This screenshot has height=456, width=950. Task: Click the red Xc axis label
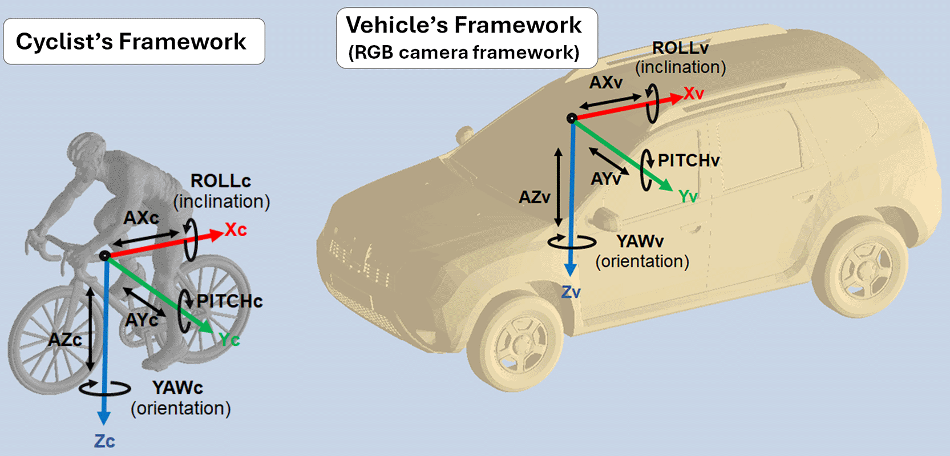pos(236,230)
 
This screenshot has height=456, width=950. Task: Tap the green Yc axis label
pos(229,340)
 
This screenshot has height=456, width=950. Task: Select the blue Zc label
pos(104,441)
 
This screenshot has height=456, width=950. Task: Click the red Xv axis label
pos(694,94)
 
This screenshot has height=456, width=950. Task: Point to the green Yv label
pos(688,196)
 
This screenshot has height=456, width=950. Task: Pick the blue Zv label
pos(571,292)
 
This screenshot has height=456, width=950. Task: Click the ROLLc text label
pos(221,181)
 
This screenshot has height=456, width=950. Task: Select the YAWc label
pos(177,388)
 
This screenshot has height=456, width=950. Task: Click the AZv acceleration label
pos(535,197)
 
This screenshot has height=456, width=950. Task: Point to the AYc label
pos(142,320)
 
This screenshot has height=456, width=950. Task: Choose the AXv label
pos(605,82)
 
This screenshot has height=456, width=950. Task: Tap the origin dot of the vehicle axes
pos(571,118)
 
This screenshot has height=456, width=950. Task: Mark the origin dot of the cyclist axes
pos(105,255)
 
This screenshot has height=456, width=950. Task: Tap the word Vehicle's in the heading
pos(397,25)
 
